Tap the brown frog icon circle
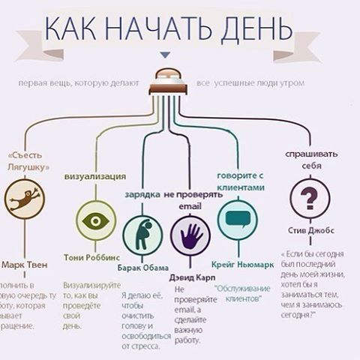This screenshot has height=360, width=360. click(x=25, y=200)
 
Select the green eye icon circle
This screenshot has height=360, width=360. click(x=96, y=220)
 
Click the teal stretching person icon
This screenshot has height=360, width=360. click(x=142, y=235)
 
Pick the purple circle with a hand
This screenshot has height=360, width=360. click(x=190, y=235)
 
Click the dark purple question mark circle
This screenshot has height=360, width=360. click(x=309, y=200)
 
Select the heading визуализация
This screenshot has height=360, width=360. click(x=94, y=176)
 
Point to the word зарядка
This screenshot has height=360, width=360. click(x=141, y=194)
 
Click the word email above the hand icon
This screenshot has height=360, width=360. click(x=190, y=205)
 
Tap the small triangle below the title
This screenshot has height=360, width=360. click(x=166, y=54)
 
